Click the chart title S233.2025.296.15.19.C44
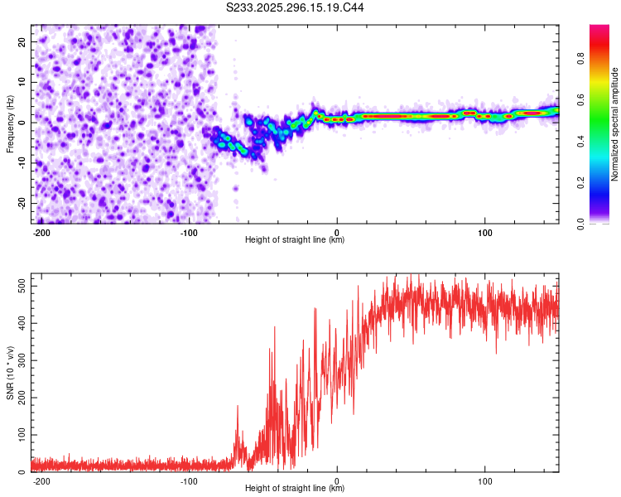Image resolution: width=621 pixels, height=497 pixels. pyautogui.click(x=296, y=7)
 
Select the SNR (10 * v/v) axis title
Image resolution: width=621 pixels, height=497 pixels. pyautogui.click(x=11, y=373)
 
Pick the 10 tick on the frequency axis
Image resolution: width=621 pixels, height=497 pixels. pyautogui.click(x=22, y=82)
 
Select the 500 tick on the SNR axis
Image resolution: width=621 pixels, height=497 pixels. pyautogui.click(x=19, y=285)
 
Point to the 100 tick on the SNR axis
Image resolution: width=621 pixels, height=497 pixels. pyautogui.click(x=19, y=435)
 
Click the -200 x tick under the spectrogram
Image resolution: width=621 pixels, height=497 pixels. pyautogui.click(x=42, y=231)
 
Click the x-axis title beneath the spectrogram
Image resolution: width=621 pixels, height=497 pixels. pyautogui.click(x=295, y=240)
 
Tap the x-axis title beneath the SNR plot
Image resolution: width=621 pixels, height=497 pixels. pyautogui.click(x=295, y=489)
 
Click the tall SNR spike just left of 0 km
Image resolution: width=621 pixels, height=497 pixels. pyautogui.click(x=315, y=310)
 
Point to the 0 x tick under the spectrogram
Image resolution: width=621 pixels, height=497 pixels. pyautogui.click(x=337, y=231)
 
